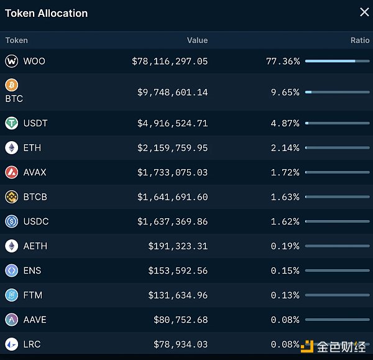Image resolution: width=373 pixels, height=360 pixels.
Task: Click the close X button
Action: click(364, 12)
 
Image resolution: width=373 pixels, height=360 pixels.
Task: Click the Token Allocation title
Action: click(47, 13)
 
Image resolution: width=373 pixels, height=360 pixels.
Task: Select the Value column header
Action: click(197, 40)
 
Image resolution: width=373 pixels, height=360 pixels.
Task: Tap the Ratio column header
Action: click(359, 40)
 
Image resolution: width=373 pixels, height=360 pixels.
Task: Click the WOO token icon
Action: click(12, 61)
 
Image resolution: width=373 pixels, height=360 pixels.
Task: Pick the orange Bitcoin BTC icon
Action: click(12, 85)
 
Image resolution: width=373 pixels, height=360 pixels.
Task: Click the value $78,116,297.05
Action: click(170, 61)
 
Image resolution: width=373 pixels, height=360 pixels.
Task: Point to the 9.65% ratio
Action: click(285, 92)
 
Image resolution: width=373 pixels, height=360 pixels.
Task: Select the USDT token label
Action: click(35, 123)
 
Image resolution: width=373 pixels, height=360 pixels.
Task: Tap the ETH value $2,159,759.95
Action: click(172, 148)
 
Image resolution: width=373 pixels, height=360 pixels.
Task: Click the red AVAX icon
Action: click(12, 172)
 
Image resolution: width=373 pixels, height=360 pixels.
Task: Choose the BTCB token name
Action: click(35, 197)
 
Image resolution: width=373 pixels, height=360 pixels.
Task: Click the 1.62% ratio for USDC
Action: click(285, 221)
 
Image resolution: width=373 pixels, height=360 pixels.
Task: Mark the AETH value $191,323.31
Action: click(178, 246)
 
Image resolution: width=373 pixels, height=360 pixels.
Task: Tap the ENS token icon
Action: click(12, 270)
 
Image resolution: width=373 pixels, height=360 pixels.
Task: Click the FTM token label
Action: click(34, 295)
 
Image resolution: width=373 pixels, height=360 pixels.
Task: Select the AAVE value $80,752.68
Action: click(180, 320)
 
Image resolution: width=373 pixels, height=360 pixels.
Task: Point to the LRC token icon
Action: click(12, 344)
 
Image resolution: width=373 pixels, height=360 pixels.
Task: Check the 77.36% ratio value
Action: click(282, 61)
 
